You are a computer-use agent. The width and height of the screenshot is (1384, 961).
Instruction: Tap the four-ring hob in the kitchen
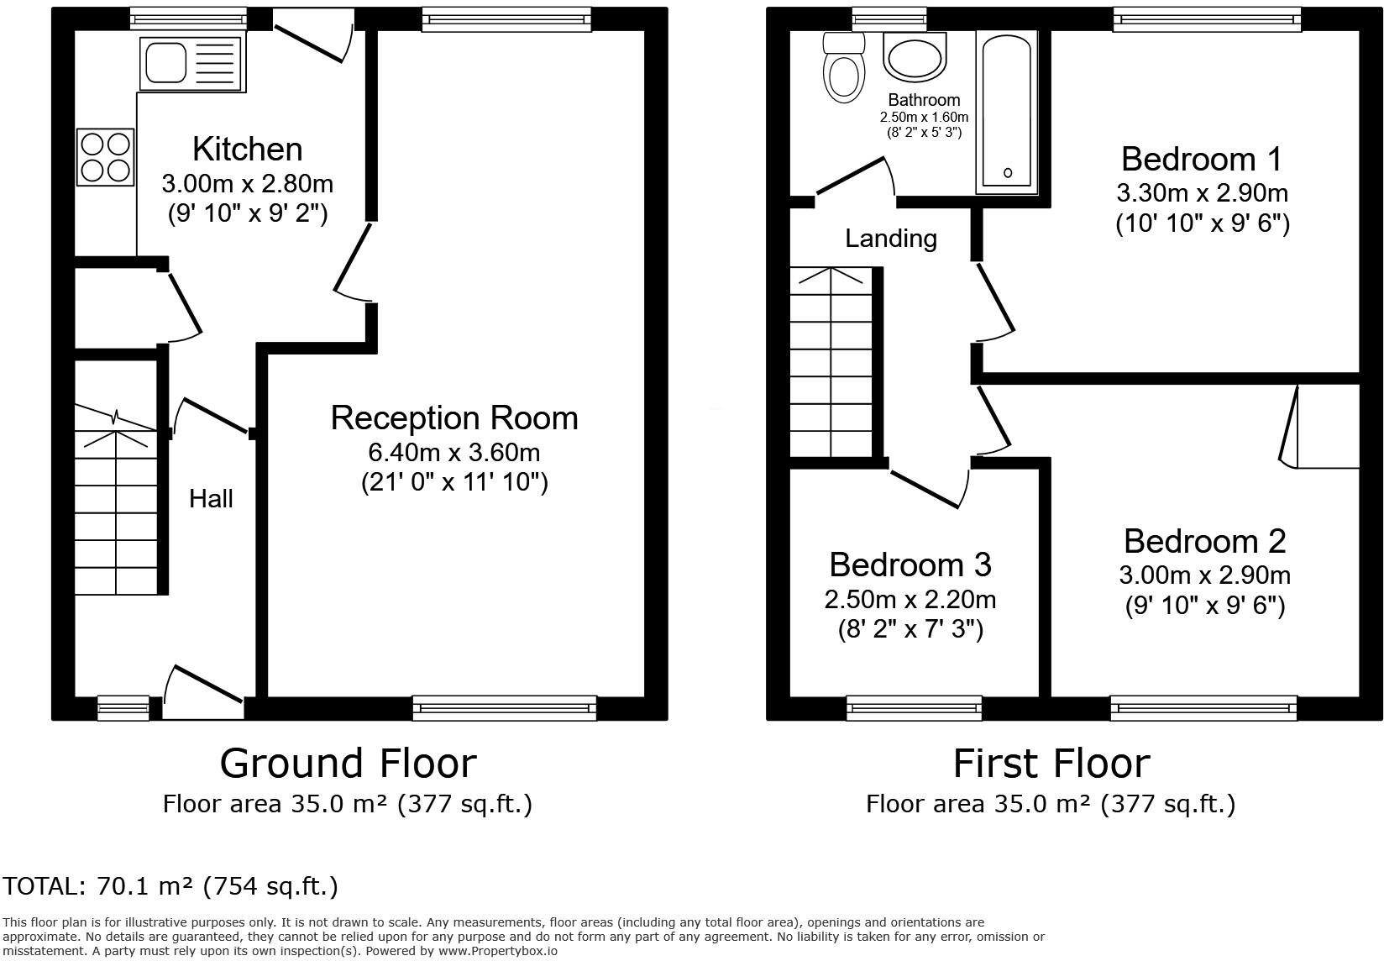pos(106,157)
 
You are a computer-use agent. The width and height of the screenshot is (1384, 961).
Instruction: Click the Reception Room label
pos(454,418)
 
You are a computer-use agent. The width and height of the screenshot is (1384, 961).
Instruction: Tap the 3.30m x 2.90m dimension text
pos(1202,193)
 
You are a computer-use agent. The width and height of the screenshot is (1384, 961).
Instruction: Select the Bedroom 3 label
pos(910,565)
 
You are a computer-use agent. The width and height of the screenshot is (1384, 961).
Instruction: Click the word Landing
pos(890,239)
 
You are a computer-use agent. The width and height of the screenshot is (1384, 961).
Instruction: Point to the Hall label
pos(211,499)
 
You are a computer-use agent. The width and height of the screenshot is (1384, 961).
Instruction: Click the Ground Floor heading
pos(348,764)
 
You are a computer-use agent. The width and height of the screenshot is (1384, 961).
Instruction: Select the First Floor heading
pos(1051,764)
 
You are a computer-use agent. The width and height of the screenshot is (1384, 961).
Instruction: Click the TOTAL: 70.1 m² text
pos(170,886)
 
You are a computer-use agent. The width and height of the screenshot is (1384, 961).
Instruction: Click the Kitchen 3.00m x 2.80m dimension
pos(247,183)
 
